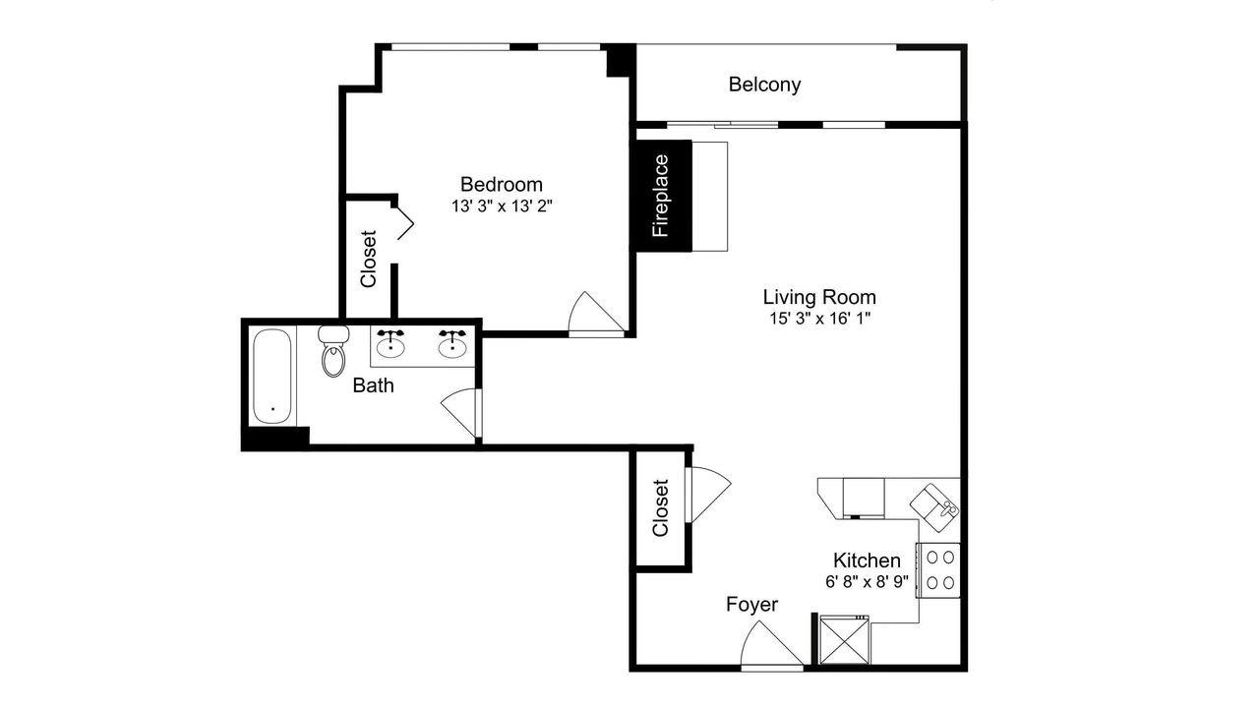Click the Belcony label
click(764, 85)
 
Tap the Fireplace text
click(661, 196)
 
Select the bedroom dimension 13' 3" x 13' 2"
click(502, 206)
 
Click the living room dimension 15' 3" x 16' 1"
click(819, 319)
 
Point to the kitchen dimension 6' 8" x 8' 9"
click(867, 581)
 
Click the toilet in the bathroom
click(333, 351)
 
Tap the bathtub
click(272, 376)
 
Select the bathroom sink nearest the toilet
click(390, 343)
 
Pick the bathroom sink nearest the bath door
click(452, 343)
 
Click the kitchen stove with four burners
click(938, 569)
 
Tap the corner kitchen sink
click(934, 508)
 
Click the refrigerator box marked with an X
click(844, 640)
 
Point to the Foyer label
click(752, 605)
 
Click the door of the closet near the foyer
click(709, 493)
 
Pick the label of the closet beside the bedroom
click(368, 259)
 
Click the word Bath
click(373, 385)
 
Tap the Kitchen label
click(867, 560)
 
